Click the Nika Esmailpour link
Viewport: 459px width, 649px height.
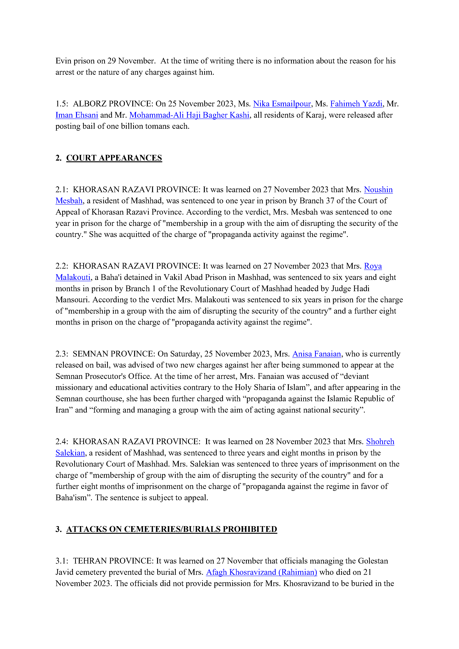pos(282,104)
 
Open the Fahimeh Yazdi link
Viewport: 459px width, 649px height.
pos(356,104)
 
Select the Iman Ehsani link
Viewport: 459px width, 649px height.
pos(77,115)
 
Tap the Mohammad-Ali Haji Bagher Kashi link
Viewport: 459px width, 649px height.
pos(189,115)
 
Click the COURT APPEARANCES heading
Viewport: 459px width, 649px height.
pos(114,158)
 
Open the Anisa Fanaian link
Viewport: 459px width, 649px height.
pos(317,354)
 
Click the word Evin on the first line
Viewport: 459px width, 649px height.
pos(63,61)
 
